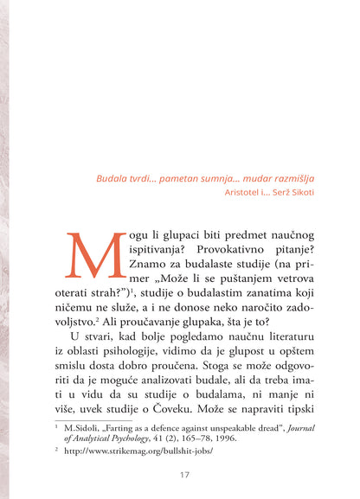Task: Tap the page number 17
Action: click(x=184, y=475)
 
